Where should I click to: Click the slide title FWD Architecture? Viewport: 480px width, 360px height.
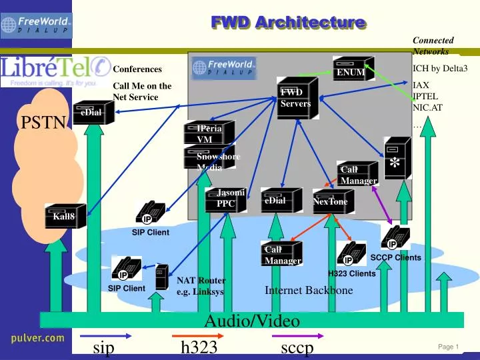288,23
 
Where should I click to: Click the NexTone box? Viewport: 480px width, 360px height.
331,201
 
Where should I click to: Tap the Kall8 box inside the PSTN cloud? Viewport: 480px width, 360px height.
65,216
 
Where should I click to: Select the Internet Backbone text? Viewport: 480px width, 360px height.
308,290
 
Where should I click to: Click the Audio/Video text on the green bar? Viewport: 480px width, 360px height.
251,321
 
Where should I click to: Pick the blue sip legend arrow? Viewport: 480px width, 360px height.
103,337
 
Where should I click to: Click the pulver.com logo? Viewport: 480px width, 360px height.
37,339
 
